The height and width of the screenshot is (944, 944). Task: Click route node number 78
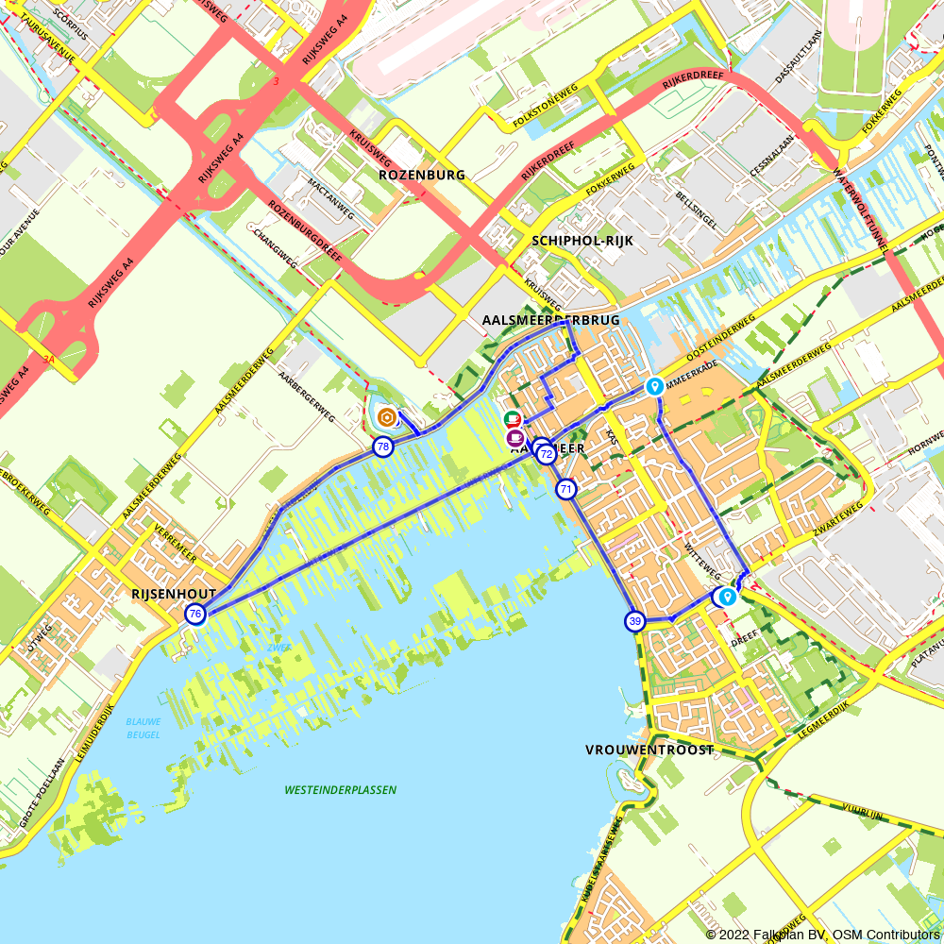382,447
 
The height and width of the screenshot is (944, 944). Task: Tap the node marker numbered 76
194,615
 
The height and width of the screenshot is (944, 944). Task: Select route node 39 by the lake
634,621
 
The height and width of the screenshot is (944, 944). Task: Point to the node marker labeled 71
565,489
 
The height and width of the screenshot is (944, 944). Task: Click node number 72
546,454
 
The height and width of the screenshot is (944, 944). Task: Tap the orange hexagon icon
386,416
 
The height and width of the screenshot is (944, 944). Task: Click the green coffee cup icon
512,419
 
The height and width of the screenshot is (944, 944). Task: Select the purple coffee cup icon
514,438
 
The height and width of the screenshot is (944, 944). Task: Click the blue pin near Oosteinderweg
653,386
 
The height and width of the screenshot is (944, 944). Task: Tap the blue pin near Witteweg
728,597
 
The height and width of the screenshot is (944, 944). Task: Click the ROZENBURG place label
422,175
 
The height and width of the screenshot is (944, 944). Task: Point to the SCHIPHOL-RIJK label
582,241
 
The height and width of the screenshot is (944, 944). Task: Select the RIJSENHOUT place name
174,594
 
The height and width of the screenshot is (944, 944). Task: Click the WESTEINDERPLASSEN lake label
340,790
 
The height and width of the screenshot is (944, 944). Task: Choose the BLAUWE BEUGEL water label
143,727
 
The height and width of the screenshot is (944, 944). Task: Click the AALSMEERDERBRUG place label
550,320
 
